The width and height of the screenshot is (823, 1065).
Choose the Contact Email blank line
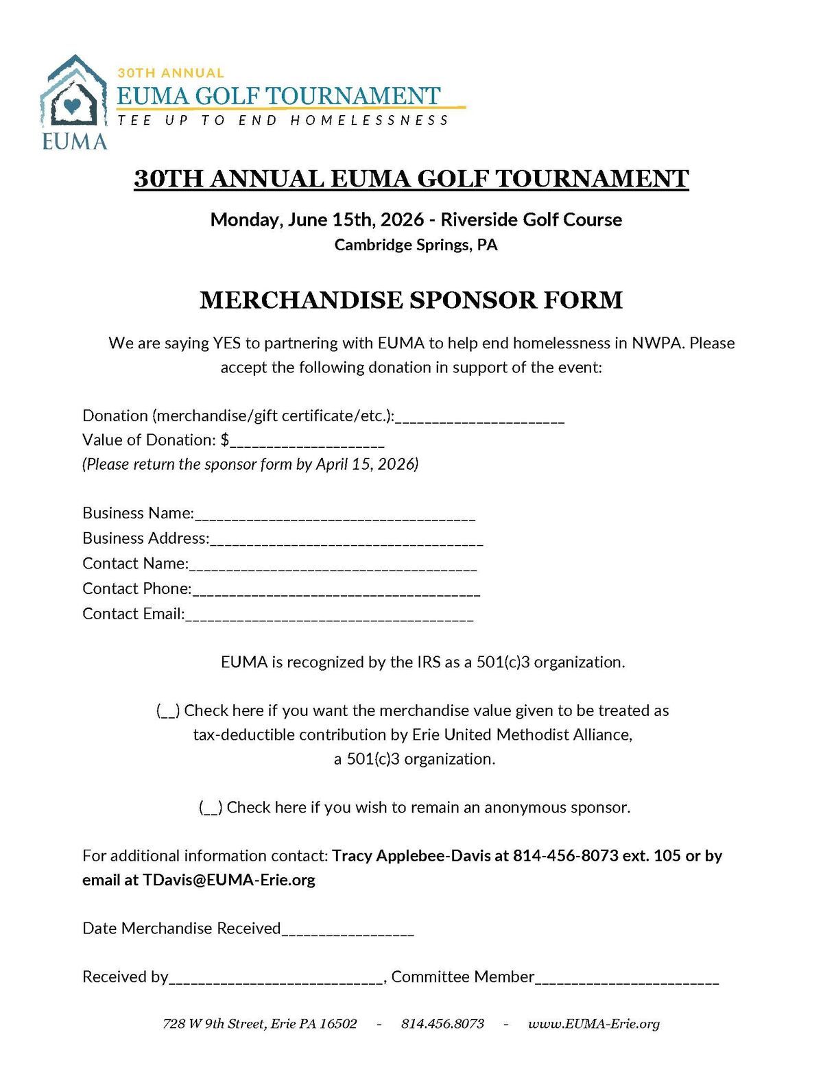(329, 617)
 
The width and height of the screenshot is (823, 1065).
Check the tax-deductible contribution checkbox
(168, 711)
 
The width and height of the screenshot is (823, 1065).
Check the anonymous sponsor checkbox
(211, 808)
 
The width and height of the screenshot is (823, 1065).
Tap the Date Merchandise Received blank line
(348, 931)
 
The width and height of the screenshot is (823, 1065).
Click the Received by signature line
(276, 980)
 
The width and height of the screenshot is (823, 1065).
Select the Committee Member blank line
(627, 980)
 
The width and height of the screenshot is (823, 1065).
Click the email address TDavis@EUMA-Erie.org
(229, 880)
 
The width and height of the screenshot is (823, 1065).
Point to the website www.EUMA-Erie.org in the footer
(594, 1024)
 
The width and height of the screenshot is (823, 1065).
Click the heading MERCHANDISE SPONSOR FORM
(411, 300)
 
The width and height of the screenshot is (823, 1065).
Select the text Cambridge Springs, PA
(416, 245)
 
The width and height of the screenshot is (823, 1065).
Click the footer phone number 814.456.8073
(442, 1024)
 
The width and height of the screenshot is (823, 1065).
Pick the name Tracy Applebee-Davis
(411, 856)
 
